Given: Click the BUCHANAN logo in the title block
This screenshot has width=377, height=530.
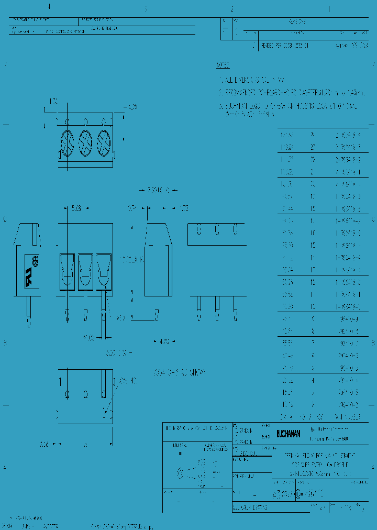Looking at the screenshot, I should [289, 434].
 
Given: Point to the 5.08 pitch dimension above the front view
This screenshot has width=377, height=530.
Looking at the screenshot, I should [76, 208].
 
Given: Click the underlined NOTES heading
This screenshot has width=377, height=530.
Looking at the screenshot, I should [223, 65].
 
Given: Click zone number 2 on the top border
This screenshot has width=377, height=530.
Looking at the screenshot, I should [232, 9].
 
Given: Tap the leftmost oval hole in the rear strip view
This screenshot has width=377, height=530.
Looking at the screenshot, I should [199, 229].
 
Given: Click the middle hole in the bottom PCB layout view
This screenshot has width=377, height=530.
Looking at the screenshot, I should [85, 394].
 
